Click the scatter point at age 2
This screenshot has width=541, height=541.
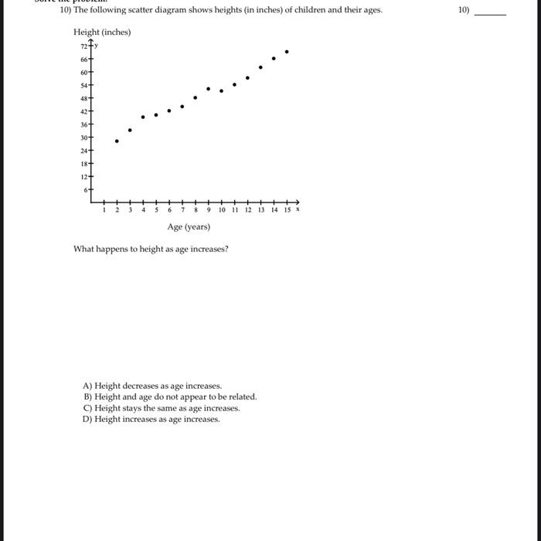coord(117,141)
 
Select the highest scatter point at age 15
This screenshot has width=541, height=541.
coord(287,52)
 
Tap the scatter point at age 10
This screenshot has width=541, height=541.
coord(221,91)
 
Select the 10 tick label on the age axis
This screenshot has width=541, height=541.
coord(222,209)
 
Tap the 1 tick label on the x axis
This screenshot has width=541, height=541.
coord(104,209)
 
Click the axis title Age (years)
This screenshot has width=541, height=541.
coord(189,226)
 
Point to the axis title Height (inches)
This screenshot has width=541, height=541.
coord(102,32)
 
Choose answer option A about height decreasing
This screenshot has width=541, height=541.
coord(152,386)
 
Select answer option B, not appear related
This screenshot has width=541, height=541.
coord(169,396)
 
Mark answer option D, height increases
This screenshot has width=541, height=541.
coord(151,419)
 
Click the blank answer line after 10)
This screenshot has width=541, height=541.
coord(491,14)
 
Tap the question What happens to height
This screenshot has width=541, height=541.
coord(151,249)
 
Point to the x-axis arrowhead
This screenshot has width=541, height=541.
coord(298,199)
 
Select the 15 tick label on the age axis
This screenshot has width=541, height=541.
coord(287,209)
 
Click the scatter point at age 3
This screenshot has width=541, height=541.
coord(130,130)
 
